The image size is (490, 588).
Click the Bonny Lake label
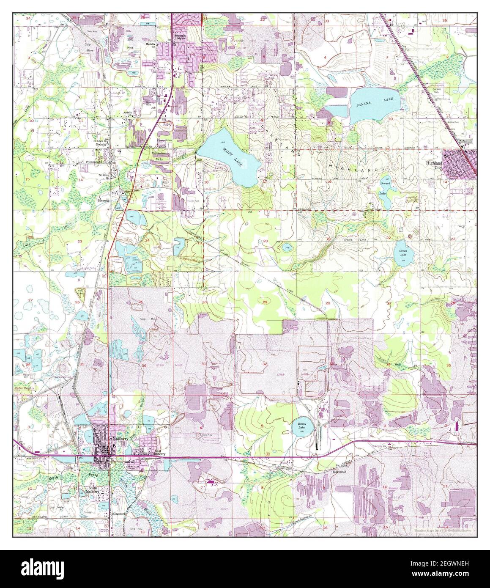click(x=301, y=426)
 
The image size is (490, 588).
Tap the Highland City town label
click(x=434, y=165)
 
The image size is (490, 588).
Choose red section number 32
click(x=265, y=364)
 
